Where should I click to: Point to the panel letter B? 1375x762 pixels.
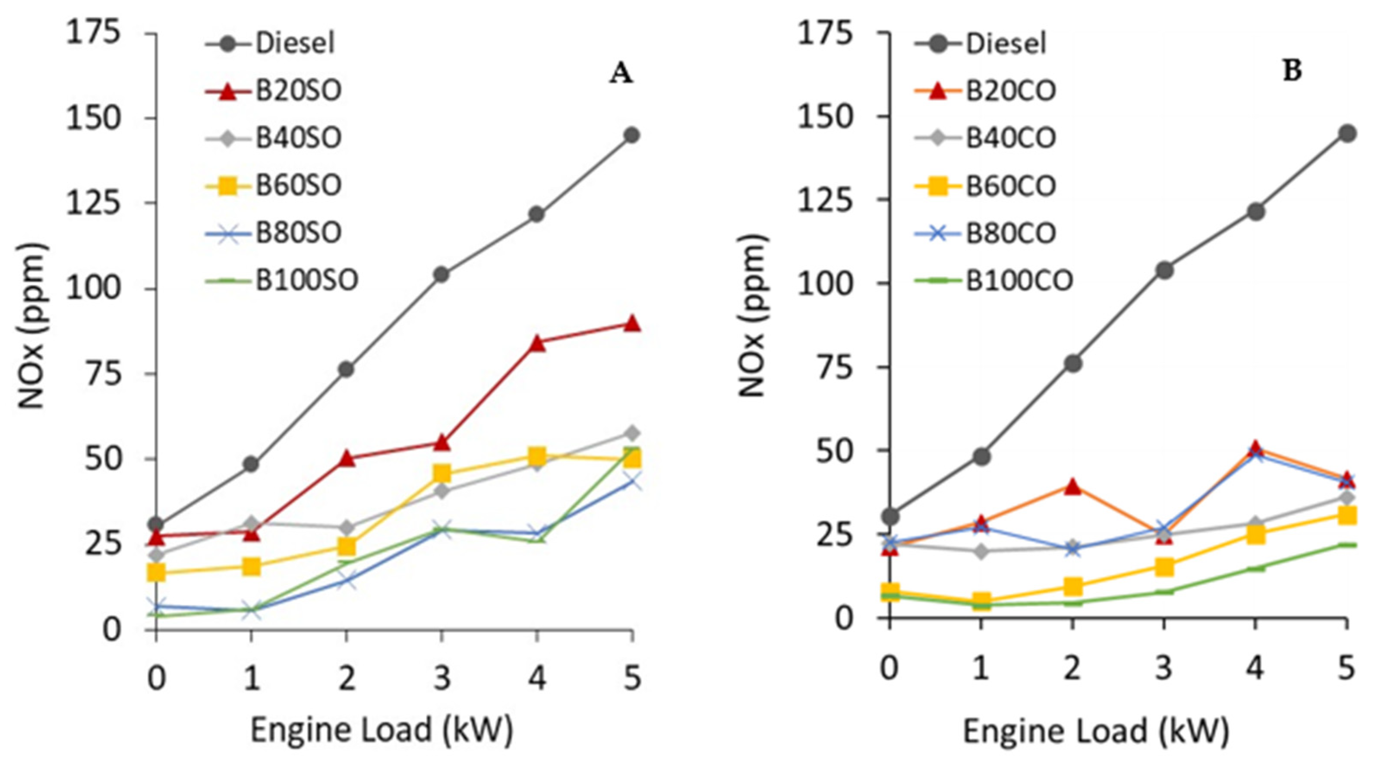[1292, 72]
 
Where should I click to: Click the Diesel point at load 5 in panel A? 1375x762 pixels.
[632, 135]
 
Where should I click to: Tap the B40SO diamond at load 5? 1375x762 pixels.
[632, 433]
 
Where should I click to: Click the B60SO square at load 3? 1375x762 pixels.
[442, 473]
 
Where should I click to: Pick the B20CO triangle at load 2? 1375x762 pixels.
[1073, 487]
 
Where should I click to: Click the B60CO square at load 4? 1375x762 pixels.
[1255, 534]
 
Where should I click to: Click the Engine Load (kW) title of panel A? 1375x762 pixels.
[381, 730]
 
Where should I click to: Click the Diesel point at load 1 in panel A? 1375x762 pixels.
[251, 464]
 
